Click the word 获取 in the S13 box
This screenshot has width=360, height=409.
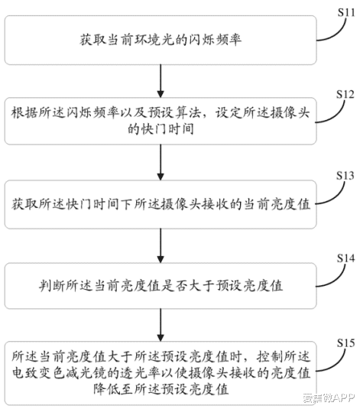(24, 203)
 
